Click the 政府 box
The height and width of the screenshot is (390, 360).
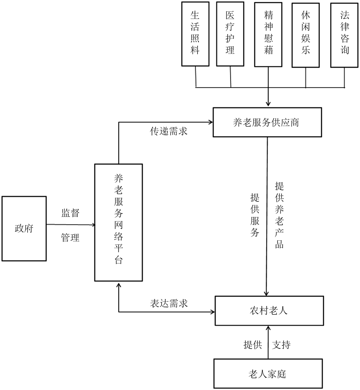pyautogui.click(x=24, y=228)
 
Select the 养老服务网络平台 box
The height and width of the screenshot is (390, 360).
pyautogui.click(x=118, y=222)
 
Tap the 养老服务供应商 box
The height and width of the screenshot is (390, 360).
pyautogui.click(x=266, y=123)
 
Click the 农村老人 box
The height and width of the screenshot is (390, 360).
pyautogui.click(x=269, y=311)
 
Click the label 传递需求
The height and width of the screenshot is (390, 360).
pyautogui.click(x=169, y=131)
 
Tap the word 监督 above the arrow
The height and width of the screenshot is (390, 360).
pyautogui.click(x=70, y=213)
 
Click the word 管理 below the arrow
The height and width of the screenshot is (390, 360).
pyautogui.click(x=70, y=238)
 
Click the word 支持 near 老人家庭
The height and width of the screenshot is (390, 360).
pyautogui.click(x=281, y=345)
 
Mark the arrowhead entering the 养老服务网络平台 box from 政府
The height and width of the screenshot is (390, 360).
pyautogui.click(x=93, y=225)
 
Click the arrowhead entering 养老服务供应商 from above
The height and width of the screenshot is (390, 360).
pyautogui.click(x=268, y=104)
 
